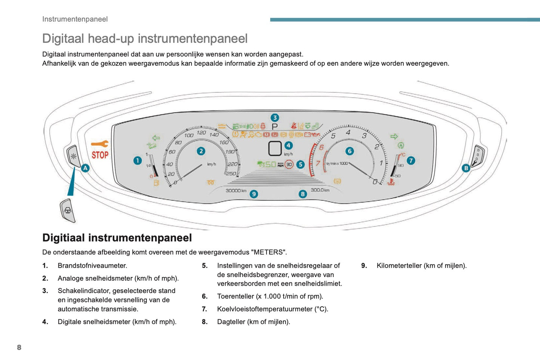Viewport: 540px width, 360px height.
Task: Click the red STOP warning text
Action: [100, 155]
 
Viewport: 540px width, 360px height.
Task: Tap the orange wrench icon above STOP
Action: [100, 144]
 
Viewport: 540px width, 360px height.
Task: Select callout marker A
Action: [86, 168]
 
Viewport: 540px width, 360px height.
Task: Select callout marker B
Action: [466, 168]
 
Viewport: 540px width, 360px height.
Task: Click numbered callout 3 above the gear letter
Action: [275, 118]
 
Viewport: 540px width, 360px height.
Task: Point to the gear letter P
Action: [275, 127]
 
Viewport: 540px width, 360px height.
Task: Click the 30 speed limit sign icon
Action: [289, 164]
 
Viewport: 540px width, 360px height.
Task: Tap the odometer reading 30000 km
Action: [236, 191]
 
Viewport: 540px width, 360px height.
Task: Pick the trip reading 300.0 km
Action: [320, 190]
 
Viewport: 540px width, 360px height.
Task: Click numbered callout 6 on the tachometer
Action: [349, 151]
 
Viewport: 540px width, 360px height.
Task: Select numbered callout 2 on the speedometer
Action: [201, 151]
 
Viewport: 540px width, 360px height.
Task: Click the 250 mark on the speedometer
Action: [231, 173]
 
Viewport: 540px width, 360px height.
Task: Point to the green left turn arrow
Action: [156, 138]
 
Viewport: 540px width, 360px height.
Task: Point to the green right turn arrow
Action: [394, 136]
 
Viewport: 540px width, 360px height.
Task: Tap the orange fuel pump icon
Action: [156, 183]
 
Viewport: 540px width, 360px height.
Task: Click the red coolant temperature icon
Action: [391, 182]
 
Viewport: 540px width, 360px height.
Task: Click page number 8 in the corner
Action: [19, 347]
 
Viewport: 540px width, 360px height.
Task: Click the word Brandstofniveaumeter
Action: [92, 266]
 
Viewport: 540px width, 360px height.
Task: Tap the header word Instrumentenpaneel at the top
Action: [75, 19]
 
